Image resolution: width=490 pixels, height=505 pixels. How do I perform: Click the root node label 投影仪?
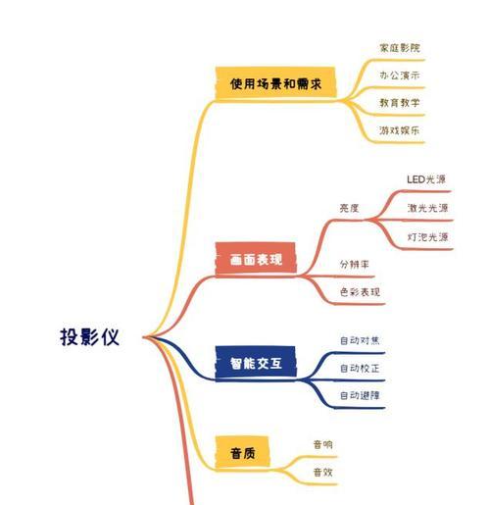click(89, 336)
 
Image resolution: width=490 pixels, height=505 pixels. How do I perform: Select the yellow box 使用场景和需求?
click(275, 82)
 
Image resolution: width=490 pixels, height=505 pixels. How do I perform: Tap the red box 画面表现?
click(256, 259)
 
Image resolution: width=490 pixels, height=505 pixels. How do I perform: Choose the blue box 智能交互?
click(256, 363)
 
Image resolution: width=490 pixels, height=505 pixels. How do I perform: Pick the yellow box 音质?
click(242, 453)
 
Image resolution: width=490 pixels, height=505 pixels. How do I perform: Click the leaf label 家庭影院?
click(400, 48)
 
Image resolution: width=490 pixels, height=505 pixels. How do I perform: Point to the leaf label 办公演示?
click(400, 76)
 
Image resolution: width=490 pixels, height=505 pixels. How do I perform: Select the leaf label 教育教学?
click(400, 103)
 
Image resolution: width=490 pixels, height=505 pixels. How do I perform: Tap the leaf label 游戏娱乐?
click(400, 130)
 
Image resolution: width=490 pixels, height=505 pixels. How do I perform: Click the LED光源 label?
click(426, 179)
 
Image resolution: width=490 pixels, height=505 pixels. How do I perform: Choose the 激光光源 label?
click(427, 208)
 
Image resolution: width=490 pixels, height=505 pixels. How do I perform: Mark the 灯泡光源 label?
click(427, 237)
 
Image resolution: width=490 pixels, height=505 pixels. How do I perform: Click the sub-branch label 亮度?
click(349, 208)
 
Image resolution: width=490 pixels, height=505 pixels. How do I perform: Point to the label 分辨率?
click(355, 264)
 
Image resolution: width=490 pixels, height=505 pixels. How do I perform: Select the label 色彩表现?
click(360, 291)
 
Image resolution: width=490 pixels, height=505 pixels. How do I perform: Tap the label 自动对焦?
click(360, 340)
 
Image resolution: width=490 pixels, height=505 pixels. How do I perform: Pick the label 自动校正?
click(360, 368)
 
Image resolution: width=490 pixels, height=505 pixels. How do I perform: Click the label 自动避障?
click(360, 395)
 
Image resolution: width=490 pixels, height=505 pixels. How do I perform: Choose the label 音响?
click(322, 444)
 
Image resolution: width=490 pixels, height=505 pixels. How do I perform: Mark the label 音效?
click(322, 472)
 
